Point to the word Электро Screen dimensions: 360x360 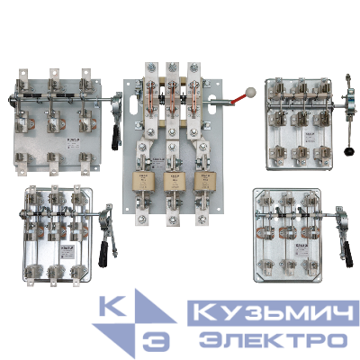[270, 341]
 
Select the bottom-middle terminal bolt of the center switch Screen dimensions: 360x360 [171, 240]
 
